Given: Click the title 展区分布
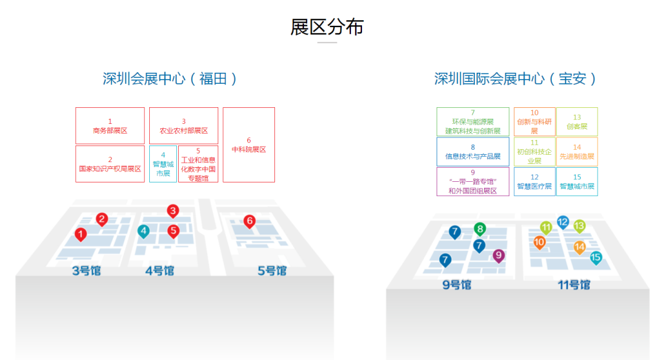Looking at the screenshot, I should (x=327, y=27).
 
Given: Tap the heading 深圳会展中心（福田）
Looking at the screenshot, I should (x=170, y=79).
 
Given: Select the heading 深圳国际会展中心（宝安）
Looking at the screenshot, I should (x=516, y=79).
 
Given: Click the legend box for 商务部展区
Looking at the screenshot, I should (x=110, y=126).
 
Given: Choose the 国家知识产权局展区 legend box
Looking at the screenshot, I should (x=110, y=163).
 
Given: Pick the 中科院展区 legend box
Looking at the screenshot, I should (x=249, y=145).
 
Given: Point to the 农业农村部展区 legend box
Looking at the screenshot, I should (x=184, y=126).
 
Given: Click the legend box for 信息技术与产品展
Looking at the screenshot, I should (x=473, y=152).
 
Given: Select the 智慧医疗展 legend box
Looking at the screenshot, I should (x=534, y=182).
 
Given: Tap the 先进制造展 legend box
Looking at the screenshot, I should (x=577, y=152).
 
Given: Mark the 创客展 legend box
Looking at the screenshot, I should (x=577, y=122).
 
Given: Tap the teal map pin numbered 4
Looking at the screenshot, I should (x=143, y=232).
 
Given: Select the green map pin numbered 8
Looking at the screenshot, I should (x=480, y=229).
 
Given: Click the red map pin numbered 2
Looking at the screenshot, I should (x=102, y=219).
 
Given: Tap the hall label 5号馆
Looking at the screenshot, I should (x=271, y=271).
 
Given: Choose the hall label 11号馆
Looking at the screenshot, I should (x=573, y=285).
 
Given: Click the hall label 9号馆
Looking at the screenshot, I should (x=457, y=285).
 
